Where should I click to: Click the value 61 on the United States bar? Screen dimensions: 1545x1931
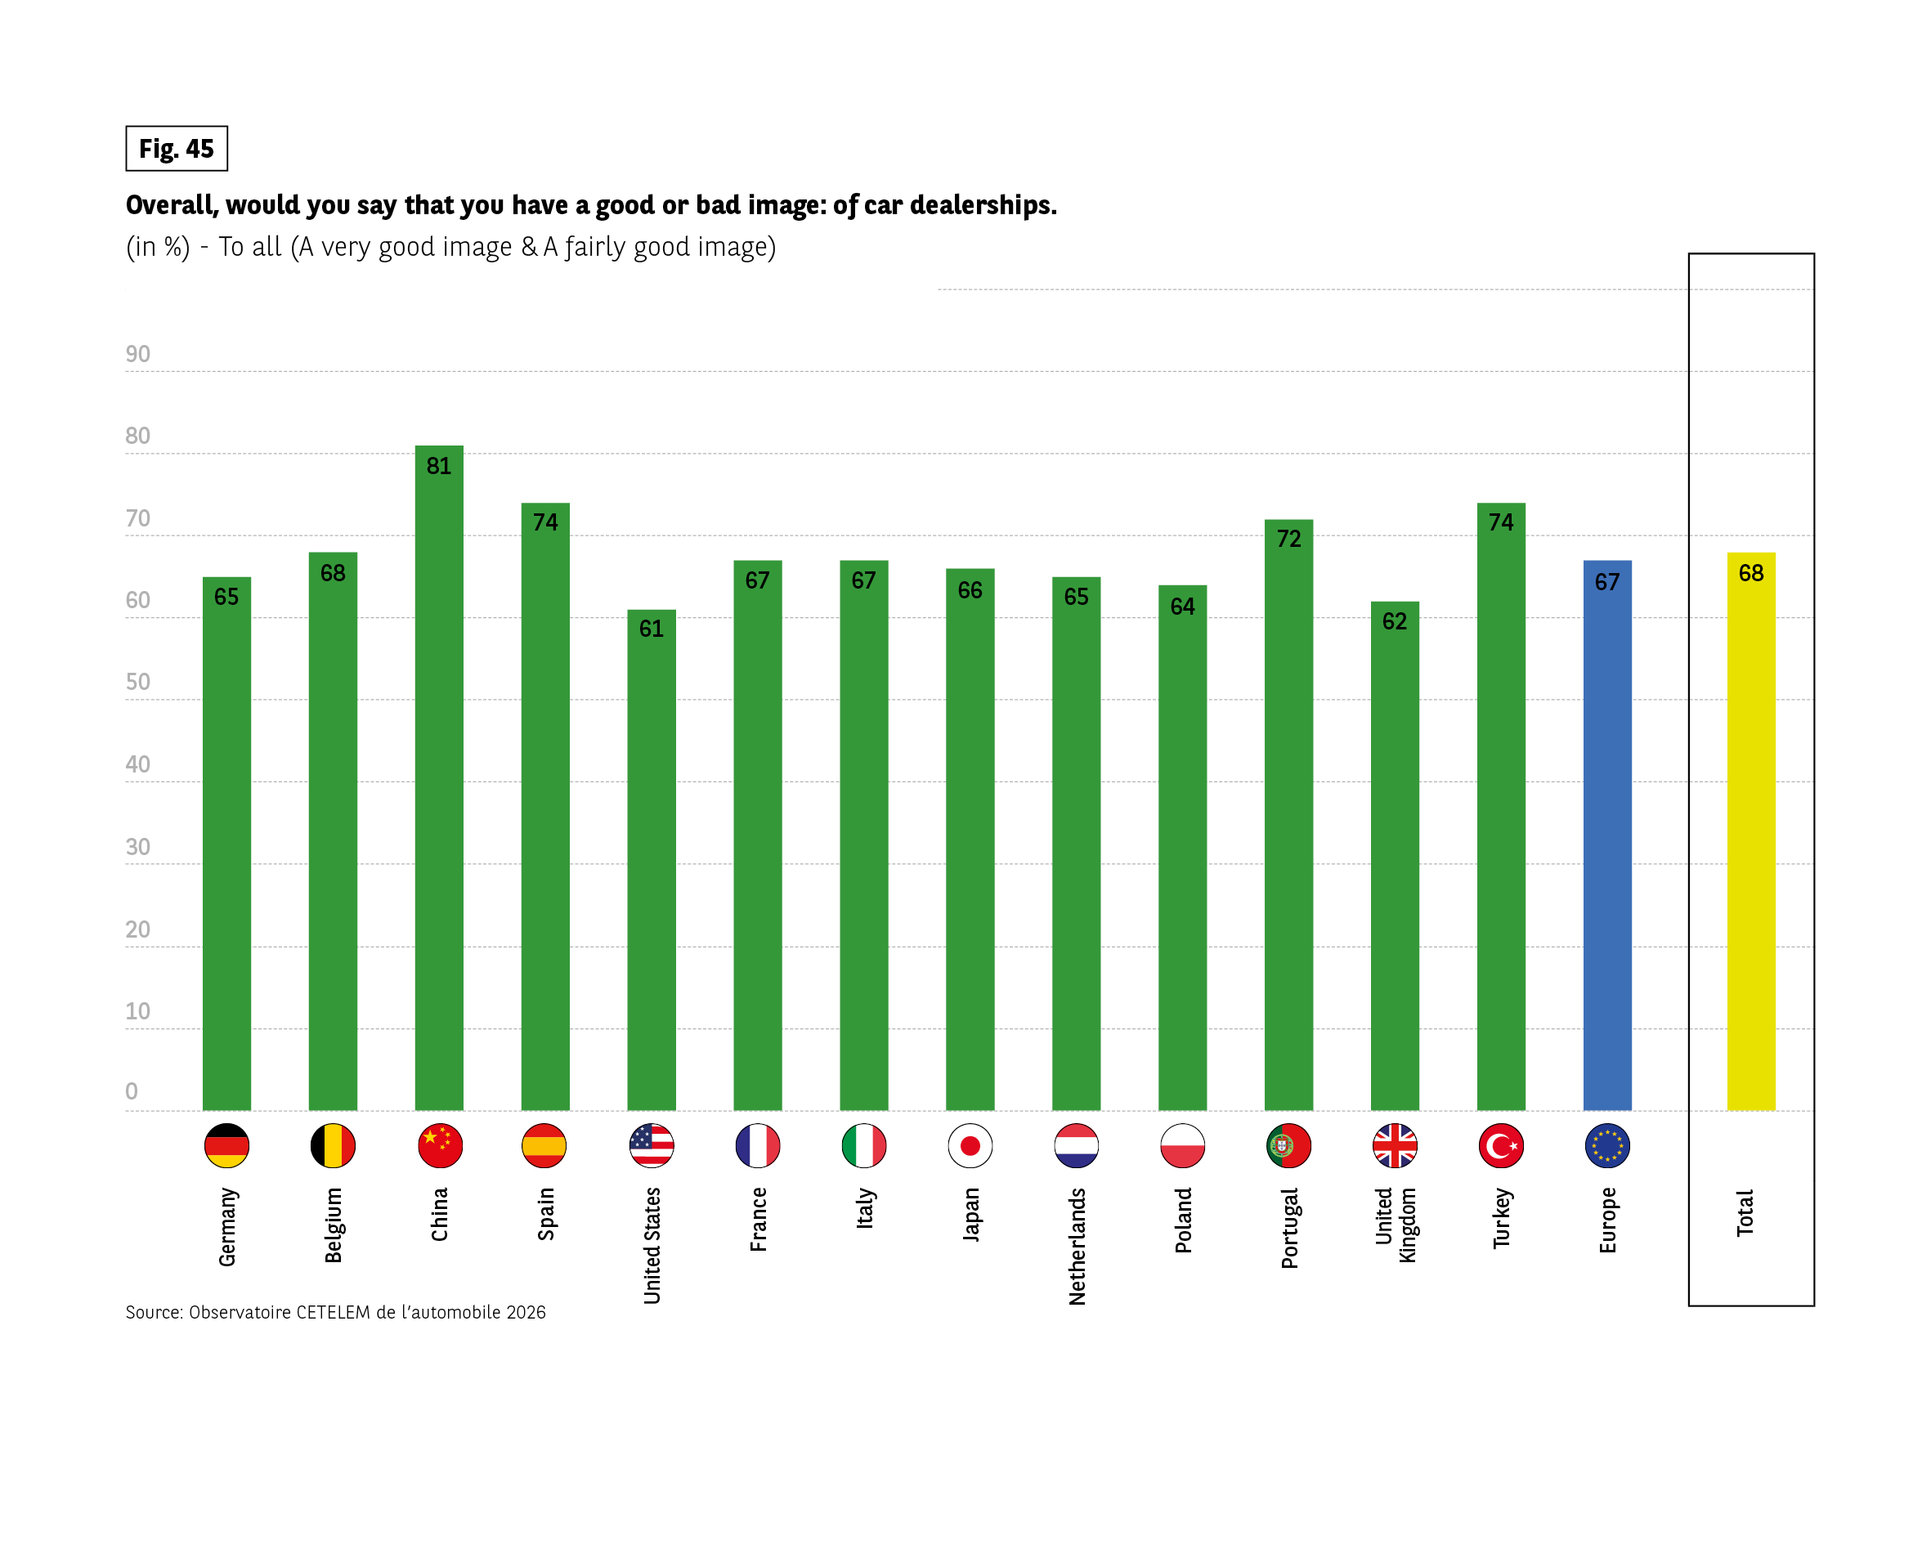pyautogui.click(x=651, y=629)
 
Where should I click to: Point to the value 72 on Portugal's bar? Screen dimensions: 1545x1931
pyautogui.click(x=1288, y=538)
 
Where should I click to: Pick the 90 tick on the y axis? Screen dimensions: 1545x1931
pyautogui.click(x=138, y=354)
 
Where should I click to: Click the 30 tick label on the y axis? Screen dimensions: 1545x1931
pyautogui.click(x=138, y=846)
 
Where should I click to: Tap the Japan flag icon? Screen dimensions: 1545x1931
pyautogui.click(x=970, y=1144)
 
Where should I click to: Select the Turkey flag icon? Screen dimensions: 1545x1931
pyautogui.click(x=1501, y=1144)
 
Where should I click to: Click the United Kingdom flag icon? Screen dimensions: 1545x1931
pyautogui.click(x=1395, y=1144)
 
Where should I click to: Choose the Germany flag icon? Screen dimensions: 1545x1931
pyautogui.click(x=226, y=1144)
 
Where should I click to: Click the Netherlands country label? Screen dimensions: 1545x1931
pyautogui.click(x=1077, y=1246)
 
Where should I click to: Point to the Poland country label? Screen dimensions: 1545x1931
pyautogui.click(x=1183, y=1220)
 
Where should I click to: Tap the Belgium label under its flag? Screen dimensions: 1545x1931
pyautogui.click(x=334, y=1225)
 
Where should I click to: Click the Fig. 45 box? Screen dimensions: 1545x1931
pyautogui.click(x=177, y=149)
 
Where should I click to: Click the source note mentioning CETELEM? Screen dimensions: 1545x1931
pyautogui.click(x=335, y=1312)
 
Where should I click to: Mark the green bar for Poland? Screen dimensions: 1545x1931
pyautogui.click(x=1182, y=851)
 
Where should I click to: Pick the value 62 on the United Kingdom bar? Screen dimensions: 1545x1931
pyautogui.click(x=1395, y=620)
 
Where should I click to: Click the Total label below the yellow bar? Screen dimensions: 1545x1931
pyautogui.click(x=1745, y=1213)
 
